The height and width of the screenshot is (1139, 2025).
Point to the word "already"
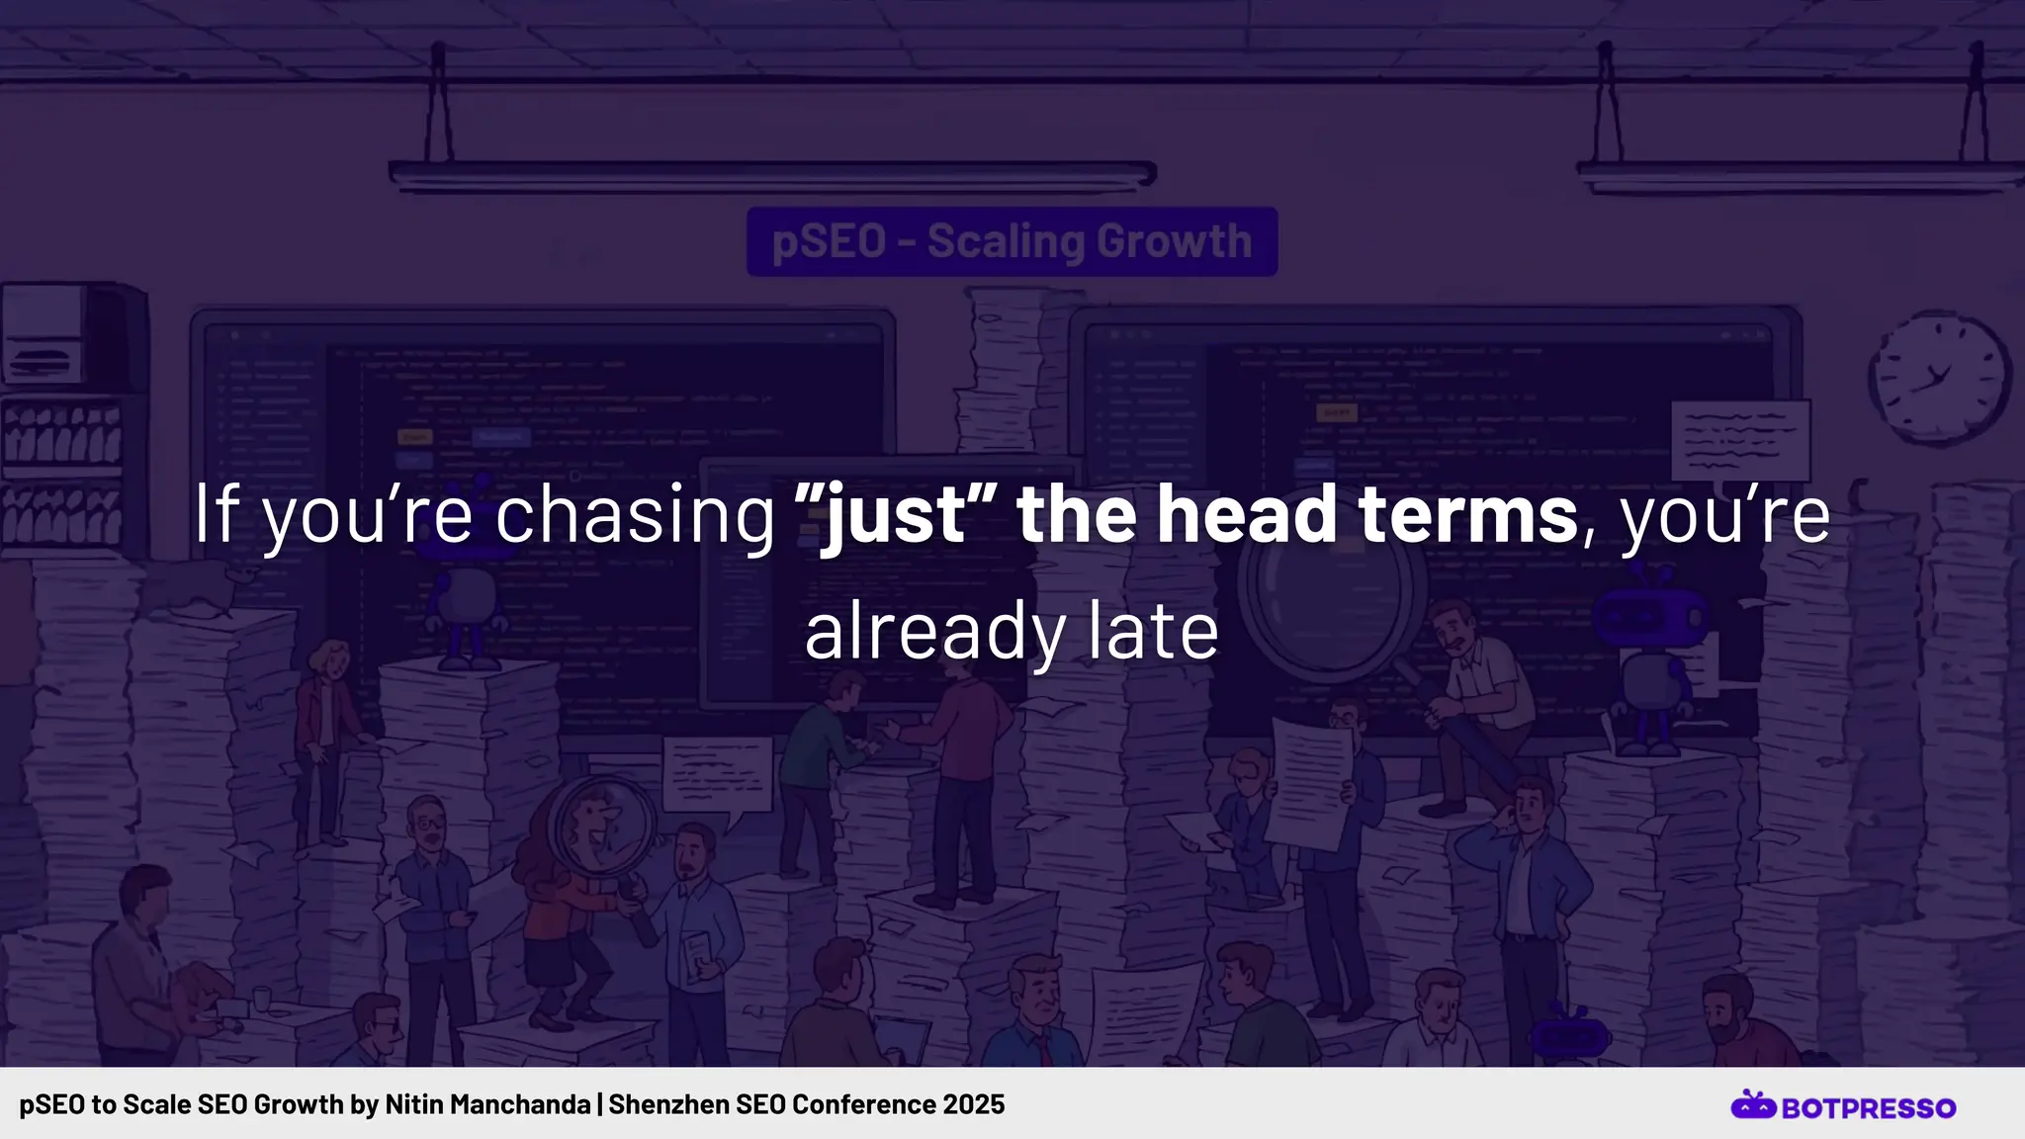(934, 633)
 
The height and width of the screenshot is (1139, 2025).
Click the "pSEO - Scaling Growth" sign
(1012, 241)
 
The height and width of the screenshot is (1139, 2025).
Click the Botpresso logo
(1843, 1106)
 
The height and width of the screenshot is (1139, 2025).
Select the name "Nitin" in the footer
(414, 1104)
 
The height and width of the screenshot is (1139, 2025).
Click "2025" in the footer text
(973, 1104)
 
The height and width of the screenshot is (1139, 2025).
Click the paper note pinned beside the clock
(1741, 440)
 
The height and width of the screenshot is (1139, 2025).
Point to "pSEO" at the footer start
(52, 1104)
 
